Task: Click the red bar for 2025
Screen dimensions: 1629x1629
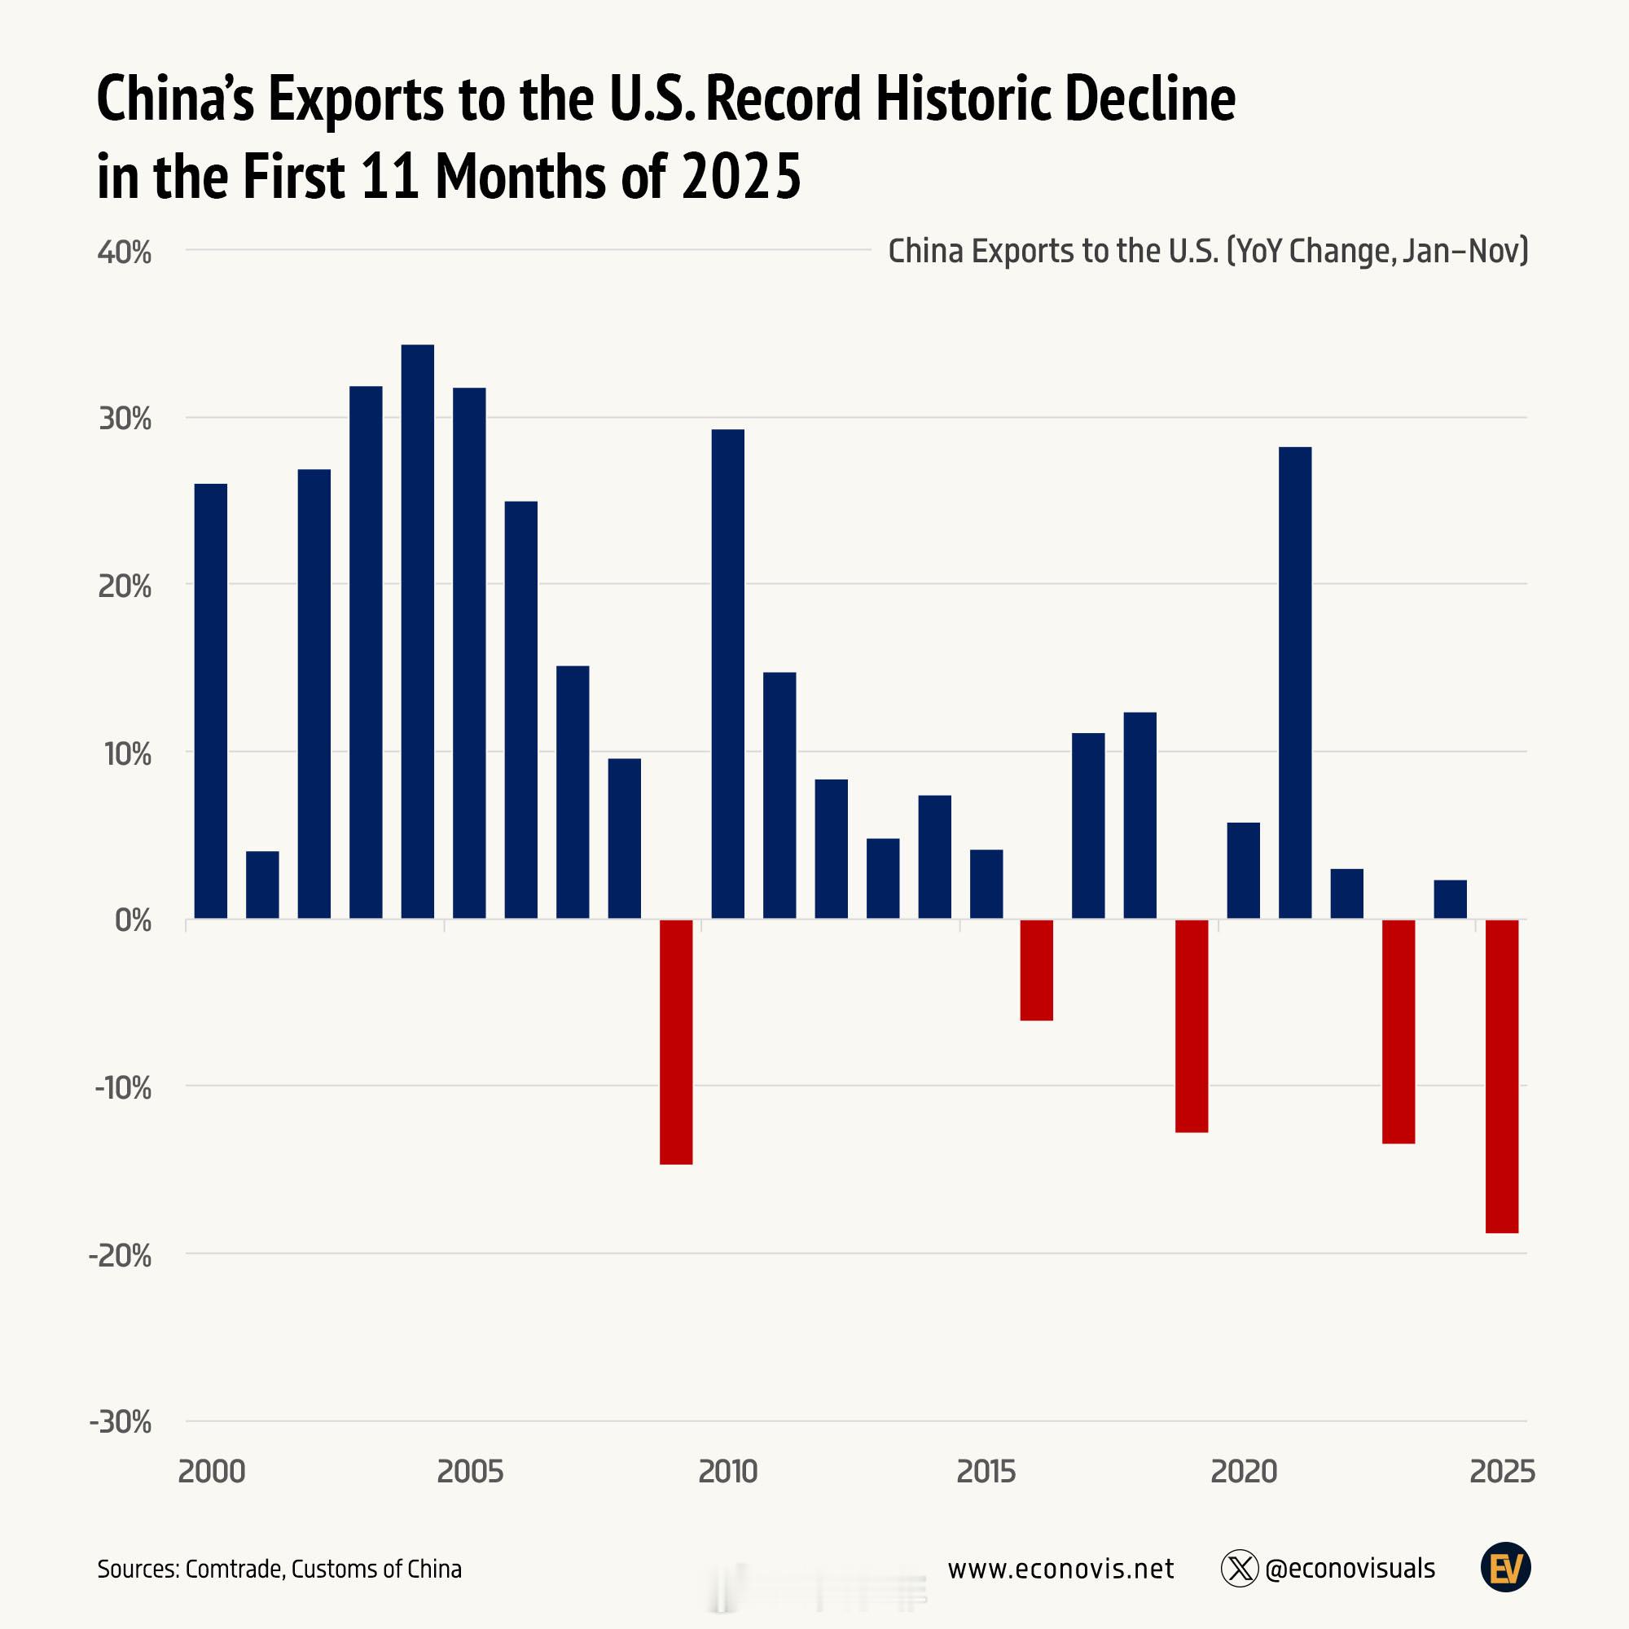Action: pyautogui.click(x=1501, y=1076)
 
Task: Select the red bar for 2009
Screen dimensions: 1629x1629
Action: pyautogui.click(x=675, y=1041)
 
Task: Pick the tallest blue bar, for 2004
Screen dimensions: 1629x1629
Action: pyautogui.click(x=417, y=631)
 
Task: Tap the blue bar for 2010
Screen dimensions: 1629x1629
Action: pyautogui.click(x=727, y=674)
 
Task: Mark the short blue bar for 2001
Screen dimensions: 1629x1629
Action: pyautogui.click(x=262, y=885)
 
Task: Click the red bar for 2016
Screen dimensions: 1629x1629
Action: pyautogui.click(x=1036, y=969)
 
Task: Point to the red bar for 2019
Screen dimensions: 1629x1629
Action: pyautogui.click(x=1192, y=1025)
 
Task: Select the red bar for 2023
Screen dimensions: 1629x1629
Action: pyautogui.click(x=1398, y=1031)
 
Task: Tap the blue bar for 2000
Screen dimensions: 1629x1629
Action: pyautogui.click(x=211, y=700)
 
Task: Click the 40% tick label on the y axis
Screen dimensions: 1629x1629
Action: pyautogui.click(x=125, y=252)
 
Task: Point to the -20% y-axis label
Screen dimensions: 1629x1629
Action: pyautogui.click(x=121, y=1255)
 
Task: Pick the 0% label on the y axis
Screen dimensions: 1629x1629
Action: pyautogui.click(x=134, y=920)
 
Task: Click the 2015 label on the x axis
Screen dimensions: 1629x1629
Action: pyautogui.click(x=986, y=1472)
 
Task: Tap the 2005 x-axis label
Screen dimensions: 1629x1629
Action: pyautogui.click(x=470, y=1472)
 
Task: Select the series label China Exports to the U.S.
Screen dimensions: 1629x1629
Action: pyautogui.click(x=1053, y=251)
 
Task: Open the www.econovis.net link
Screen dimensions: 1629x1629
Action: pyautogui.click(x=1060, y=1568)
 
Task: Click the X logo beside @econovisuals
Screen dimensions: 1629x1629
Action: pyautogui.click(x=1240, y=1568)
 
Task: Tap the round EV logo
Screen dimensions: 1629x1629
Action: pyautogui.click(x=1505, y=1568)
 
